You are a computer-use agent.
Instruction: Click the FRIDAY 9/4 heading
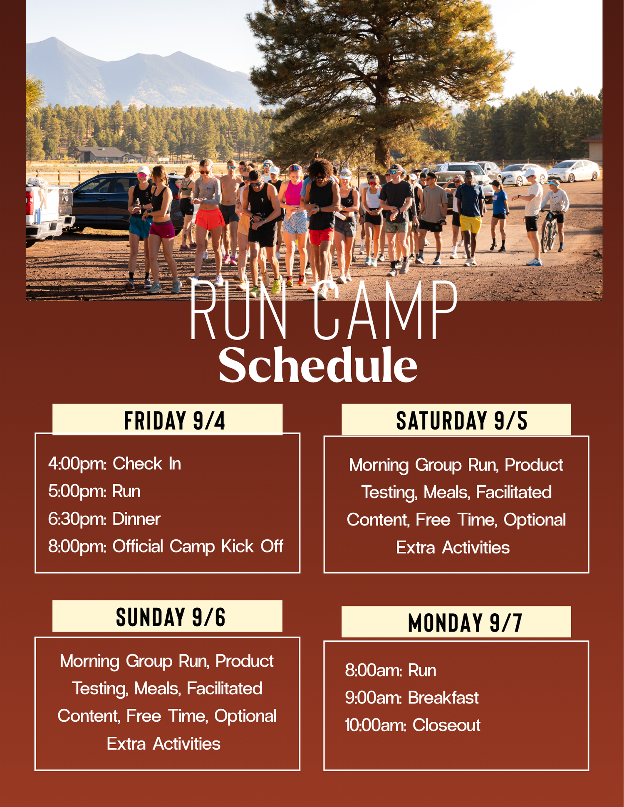point(175,420)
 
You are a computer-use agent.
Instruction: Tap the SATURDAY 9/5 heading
point(462,420)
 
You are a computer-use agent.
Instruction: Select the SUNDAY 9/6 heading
point(171,617)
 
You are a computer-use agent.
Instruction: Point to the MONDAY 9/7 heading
point(465,623)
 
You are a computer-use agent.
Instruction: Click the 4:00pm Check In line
point(114,464)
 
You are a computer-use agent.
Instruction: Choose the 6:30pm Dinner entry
point(104,519)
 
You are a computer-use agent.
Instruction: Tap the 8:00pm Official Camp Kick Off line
point(166,547)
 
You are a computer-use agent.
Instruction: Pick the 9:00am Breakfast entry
point(412,698)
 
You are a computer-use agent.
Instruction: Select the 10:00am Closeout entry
point(413,725)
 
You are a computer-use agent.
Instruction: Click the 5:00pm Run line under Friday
point(94,491)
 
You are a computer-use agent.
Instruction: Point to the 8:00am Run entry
point(391,670)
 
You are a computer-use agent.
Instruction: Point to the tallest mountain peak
point(53,39)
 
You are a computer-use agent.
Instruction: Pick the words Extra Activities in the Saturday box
point(453,548)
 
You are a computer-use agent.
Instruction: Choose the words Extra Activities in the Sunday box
point(163,744)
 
